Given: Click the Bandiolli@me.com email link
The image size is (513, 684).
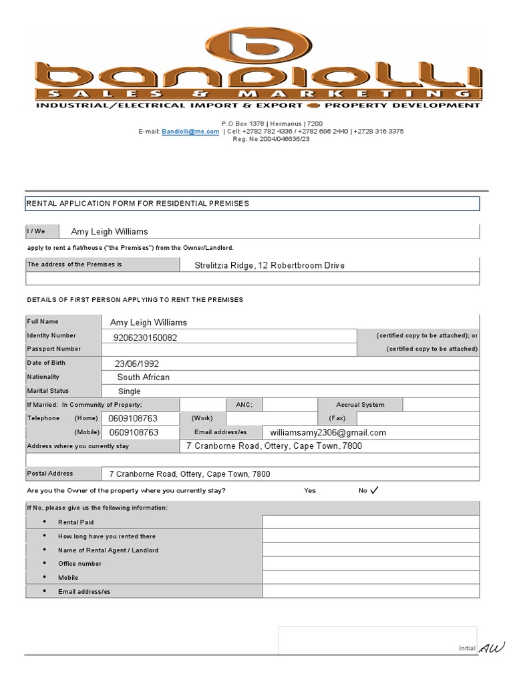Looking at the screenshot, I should (x=190, y=132).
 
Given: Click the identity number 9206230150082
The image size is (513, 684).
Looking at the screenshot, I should (x=146, y=337).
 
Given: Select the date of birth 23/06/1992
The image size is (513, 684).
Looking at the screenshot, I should (x=137, y=364).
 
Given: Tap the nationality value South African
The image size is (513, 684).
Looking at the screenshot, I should (x=143, y=377).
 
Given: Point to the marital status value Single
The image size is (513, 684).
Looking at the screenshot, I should (x=130, y=391).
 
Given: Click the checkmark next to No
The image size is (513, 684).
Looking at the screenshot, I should (x=373, y=490).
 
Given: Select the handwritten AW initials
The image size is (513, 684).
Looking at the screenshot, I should (x=492, y=647).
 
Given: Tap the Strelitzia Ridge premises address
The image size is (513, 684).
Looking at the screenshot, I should (x=269, y=265).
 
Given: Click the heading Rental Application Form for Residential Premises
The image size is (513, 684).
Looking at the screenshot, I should (x=137, y=203).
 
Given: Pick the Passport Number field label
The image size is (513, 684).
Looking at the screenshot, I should (x=54, y=349).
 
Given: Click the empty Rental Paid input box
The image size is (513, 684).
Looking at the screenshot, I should (x=371, y=522).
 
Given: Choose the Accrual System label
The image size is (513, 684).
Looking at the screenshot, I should (x=361, y=405).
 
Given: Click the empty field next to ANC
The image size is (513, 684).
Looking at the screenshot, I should (x=290, y=405).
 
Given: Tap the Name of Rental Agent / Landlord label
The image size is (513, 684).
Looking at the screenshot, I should (x=108, y=550).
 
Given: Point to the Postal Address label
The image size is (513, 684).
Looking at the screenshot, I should (x=50, y=474).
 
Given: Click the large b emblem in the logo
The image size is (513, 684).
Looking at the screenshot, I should (x=257, y=47).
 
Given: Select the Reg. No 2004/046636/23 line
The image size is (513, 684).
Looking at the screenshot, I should (x=261, y=139).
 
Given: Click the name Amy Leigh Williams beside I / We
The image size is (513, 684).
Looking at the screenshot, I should (x=110, y=232).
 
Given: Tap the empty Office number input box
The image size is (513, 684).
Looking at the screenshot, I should (x=371, y=564).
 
